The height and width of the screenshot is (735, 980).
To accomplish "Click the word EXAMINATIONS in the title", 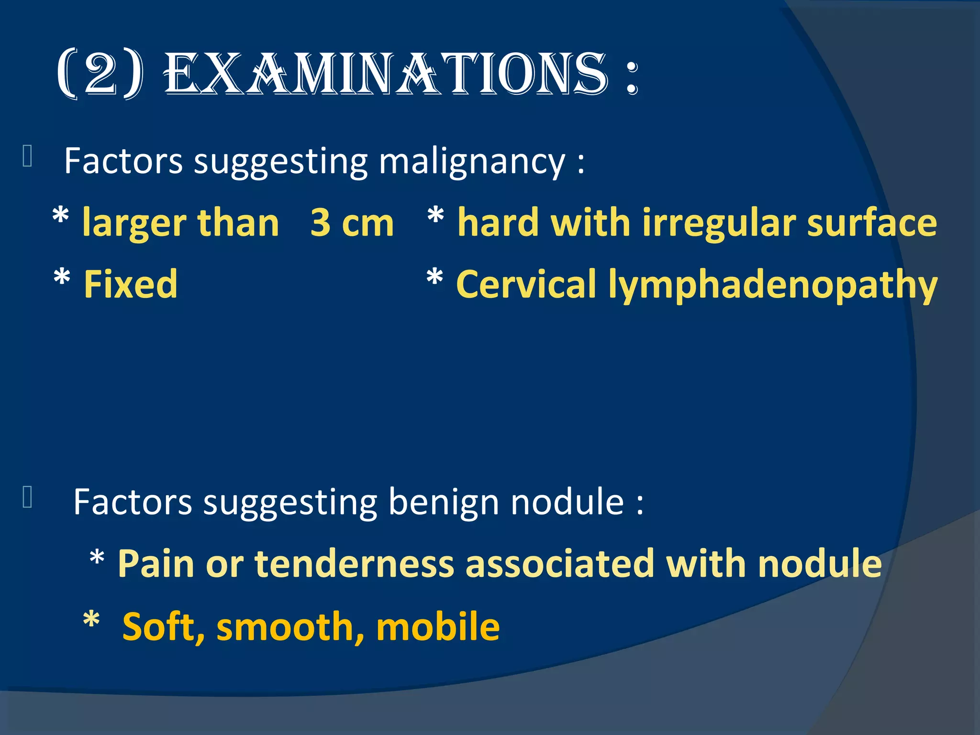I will (x=386, y=74).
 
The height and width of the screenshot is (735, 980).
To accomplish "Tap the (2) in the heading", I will (x=100, y=74).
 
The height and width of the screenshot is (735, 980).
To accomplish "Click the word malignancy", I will (x=472, y=162).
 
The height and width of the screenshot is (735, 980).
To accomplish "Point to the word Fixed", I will (x=130, y=284).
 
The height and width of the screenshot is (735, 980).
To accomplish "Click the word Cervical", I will (x=526, y=284).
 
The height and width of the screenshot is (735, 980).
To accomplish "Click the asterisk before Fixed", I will (x=62, y=278).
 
